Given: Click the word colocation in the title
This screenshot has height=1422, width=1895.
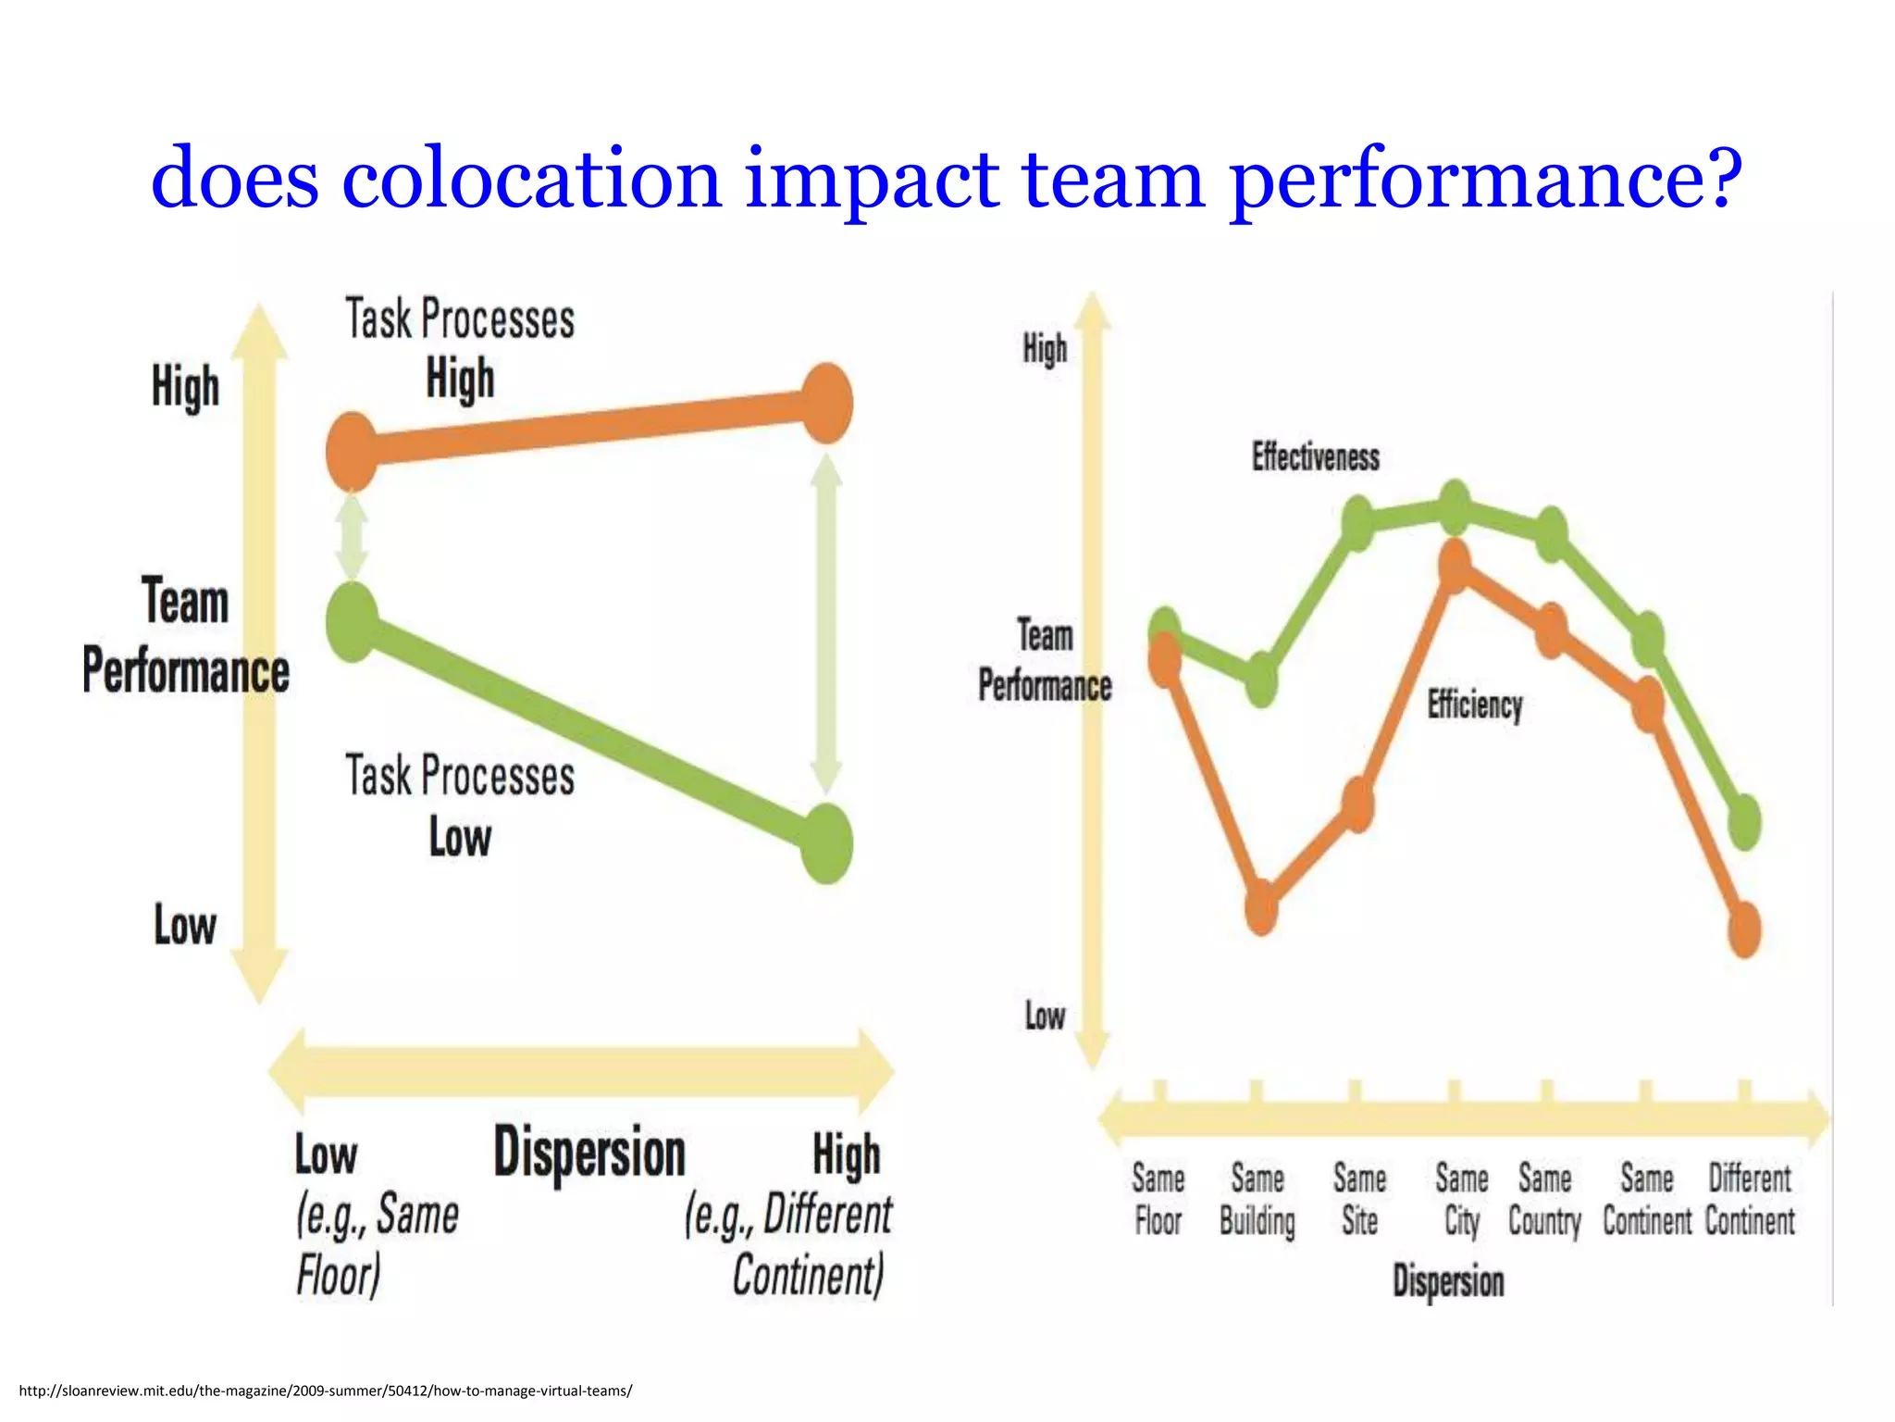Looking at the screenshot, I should click(531, 178).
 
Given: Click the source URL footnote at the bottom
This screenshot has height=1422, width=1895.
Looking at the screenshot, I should click(325, 1391).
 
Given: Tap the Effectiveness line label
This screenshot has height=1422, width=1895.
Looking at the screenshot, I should click(1315, 456).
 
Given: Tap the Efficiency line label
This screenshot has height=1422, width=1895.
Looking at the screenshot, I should click(1474, 705).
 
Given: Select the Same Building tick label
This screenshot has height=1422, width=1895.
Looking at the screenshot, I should click(1257, 1200).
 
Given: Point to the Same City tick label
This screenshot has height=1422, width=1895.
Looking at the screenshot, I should click(1461, 1200).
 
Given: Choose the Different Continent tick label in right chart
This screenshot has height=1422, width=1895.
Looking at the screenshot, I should click(1749, 1200).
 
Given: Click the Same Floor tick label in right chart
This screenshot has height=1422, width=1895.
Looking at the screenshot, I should click(1158, 1200).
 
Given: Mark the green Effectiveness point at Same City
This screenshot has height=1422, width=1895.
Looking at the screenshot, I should click(1455, 506).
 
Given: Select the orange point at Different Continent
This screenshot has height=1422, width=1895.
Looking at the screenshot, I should click(1744, 929).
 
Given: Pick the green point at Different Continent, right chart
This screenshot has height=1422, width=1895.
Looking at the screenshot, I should click(1744, 821).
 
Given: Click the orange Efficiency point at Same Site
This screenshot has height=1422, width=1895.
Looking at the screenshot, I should click(1357, 804).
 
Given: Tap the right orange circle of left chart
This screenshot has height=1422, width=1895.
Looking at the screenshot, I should click(826, 404).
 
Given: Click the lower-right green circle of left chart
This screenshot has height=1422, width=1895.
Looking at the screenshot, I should click(826, 843).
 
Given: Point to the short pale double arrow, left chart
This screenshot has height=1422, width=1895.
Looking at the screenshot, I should click(352, 537).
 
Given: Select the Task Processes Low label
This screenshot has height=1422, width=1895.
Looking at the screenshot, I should click(460, 805).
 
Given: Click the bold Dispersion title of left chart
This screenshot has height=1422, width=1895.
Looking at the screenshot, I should click(589, 1154).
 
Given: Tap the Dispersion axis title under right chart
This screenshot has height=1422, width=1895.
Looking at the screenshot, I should click(1448, 1282).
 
